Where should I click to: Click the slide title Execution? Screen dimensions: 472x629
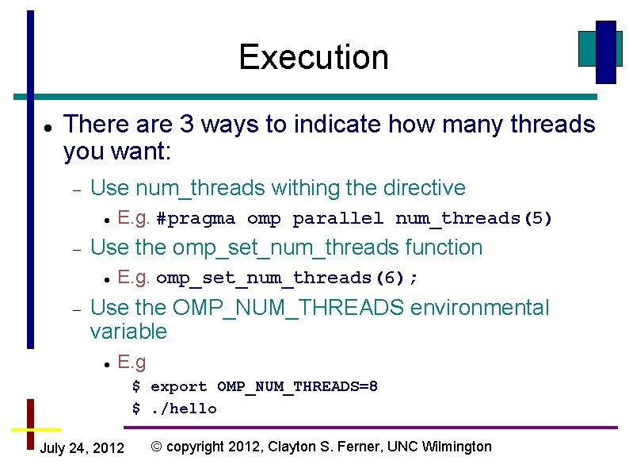[314, 57]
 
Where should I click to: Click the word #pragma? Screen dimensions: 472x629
[196, 218]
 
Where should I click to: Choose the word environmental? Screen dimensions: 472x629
[479, 308]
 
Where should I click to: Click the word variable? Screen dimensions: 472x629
[128, 332]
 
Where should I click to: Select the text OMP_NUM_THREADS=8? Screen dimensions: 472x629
[297, 387]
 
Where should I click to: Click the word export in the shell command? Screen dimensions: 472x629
[179, 387]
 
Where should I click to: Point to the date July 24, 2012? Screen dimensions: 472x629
[82, 448]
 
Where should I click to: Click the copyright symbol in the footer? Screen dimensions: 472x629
[156, 447]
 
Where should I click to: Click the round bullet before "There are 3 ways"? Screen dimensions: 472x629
[48, 126]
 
